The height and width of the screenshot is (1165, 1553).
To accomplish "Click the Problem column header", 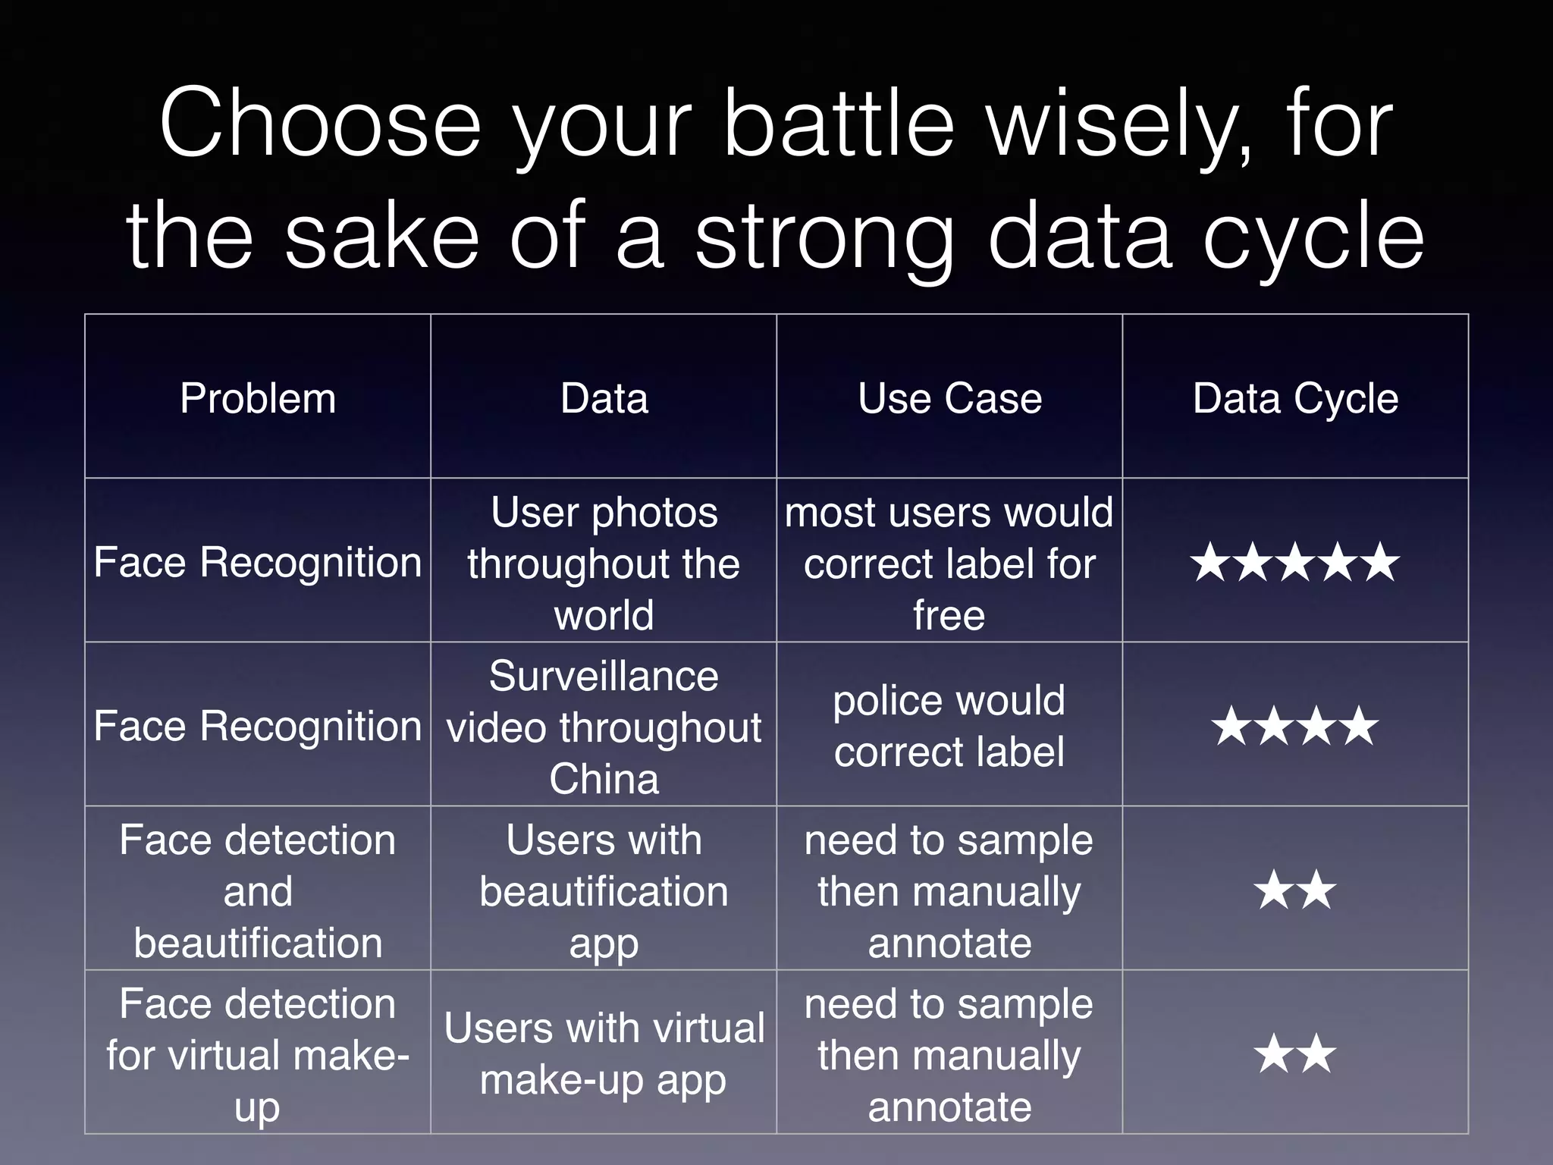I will click(258, 398).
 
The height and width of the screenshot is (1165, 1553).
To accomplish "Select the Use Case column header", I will click(949, 398).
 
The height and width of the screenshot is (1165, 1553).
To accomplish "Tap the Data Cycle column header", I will click(1295, 398).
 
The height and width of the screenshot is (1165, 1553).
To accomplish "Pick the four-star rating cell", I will click(1295, 727).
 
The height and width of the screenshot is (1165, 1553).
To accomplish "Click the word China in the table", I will click(604, 779).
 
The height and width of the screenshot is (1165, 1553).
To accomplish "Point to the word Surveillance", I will click(604, 676).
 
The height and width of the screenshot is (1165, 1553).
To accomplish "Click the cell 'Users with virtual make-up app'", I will click(604, 1054).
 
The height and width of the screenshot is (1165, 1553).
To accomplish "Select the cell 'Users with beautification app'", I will click(604, 890).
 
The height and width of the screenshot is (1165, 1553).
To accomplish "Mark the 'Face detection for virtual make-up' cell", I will click(258, 1054).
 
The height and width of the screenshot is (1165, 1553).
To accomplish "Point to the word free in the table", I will click(949, 615).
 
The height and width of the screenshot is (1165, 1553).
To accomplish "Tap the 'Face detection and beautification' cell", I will click(258, 890).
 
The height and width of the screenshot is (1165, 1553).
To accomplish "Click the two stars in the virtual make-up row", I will click(1295, 1054).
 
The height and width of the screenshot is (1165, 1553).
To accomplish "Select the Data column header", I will click(604, 398).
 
